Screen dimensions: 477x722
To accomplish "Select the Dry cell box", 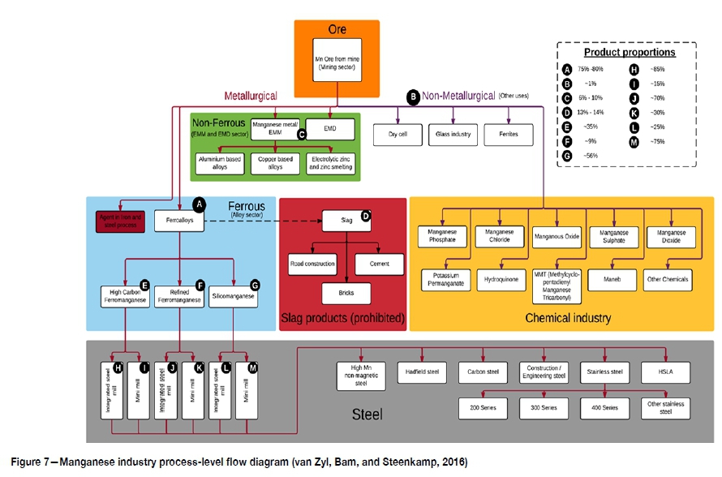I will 398,133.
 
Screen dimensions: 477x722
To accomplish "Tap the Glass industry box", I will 453,133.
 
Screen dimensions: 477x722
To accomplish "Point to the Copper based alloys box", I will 275,164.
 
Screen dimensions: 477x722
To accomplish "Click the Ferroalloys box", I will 178,220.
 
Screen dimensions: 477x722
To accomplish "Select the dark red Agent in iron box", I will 121,219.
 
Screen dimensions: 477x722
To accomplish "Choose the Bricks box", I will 346,293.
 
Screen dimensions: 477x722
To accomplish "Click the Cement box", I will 378,264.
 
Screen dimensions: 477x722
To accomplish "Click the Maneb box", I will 612,279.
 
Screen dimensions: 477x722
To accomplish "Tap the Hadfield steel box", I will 422,372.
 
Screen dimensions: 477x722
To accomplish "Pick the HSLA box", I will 665,372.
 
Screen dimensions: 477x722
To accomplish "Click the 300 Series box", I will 544,405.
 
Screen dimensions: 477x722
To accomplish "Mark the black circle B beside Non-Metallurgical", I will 413,97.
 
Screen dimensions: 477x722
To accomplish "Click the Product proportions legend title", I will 629,52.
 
